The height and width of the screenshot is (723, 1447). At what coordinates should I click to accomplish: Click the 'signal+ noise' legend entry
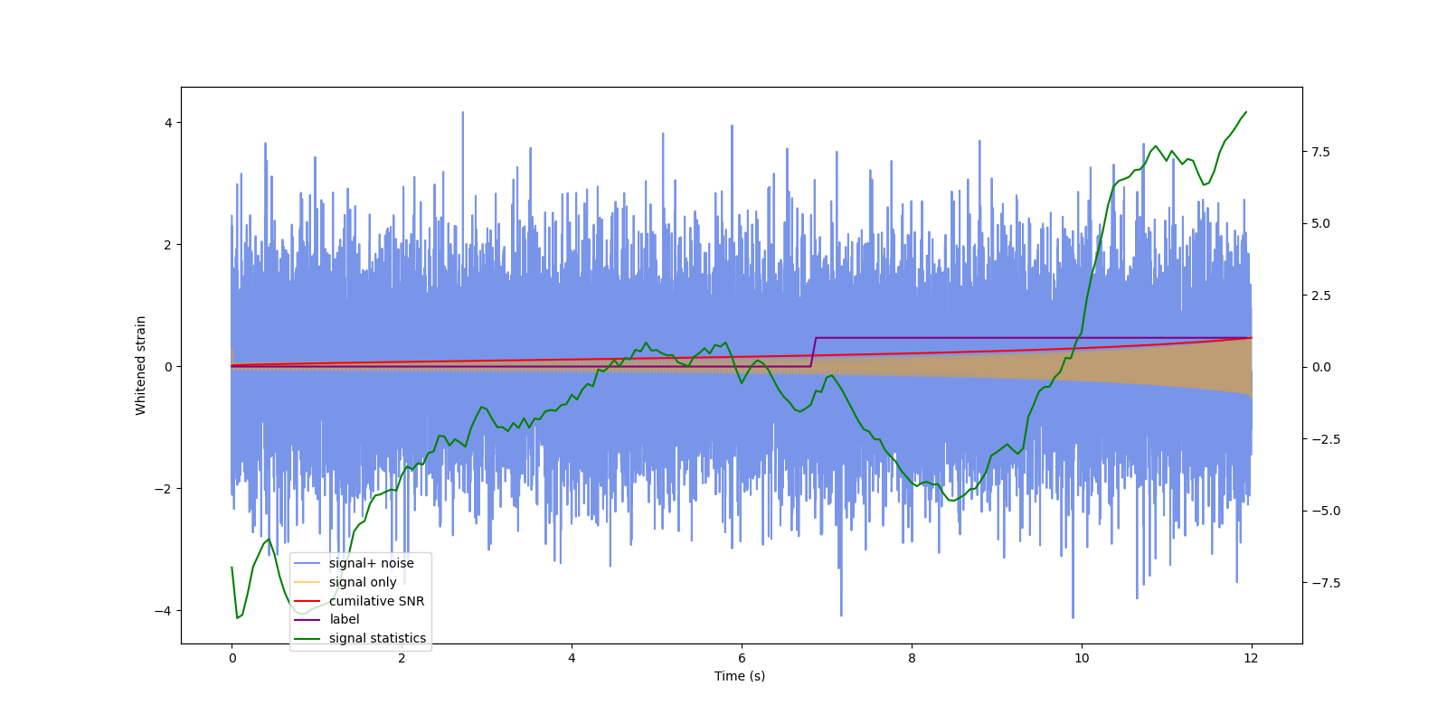(371, 563)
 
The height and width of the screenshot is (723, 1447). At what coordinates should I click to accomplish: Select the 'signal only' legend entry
(362, 582)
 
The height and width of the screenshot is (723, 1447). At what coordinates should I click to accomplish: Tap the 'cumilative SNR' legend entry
(376, 601)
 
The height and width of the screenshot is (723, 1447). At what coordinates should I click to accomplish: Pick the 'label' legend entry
(344, 619)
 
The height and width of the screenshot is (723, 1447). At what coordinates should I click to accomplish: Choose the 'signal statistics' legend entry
(377, 638)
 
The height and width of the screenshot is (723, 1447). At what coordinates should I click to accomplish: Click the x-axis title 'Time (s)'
(740, 676)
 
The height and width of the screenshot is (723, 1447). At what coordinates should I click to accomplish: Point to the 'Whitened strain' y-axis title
(140, 365)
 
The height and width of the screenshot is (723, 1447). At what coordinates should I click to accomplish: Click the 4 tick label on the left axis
(168, 123)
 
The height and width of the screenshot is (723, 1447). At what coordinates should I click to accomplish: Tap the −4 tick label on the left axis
(165, 611)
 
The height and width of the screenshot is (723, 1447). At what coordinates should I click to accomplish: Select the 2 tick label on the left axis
(168, 245)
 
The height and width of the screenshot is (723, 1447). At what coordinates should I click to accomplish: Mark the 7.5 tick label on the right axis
(1320, 152)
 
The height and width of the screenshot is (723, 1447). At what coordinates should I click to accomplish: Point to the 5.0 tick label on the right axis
(1320, 223)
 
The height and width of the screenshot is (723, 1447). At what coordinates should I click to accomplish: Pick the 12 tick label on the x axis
(1251, 659)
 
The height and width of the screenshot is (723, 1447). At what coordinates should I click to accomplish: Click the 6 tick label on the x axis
(742, 659)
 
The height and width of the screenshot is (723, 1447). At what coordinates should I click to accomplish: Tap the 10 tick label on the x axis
(1082, 659)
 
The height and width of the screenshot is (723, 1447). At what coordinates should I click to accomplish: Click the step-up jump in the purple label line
(813, 352)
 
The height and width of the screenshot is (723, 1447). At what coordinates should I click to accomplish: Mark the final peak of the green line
(1245, 113)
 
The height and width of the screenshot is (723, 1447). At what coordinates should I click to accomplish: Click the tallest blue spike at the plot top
(463, 113)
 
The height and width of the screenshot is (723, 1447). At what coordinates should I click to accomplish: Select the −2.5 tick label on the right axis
(1317, 439)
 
